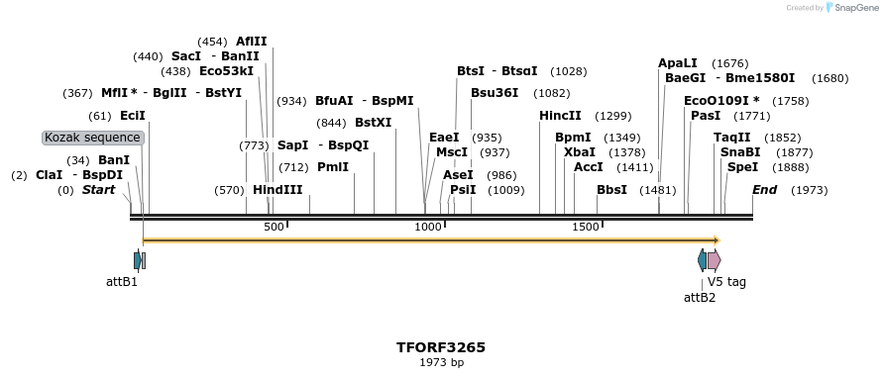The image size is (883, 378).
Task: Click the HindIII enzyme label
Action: coord(277,190)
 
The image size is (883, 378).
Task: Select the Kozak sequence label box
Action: coord(93,138)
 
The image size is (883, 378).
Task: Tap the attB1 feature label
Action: coord(122,281)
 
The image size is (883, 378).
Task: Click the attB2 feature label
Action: coord(700,297)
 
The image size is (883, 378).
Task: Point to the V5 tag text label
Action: coord(726,281)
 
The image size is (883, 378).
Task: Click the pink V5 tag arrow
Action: coord(714,260)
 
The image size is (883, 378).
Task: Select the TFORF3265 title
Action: coord(441,347)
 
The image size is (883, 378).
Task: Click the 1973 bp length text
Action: coord(441,363)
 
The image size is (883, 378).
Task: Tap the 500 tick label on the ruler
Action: coord(274,228)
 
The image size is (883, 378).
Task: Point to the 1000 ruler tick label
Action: coord(428,228)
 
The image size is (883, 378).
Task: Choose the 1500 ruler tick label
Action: coord(586,228)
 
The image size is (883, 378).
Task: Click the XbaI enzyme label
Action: coord(579,152)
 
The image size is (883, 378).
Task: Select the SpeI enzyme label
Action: coord(742,167)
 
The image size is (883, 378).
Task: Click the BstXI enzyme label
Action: coord(373,123)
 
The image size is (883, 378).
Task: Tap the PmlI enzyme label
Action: coord(333,167)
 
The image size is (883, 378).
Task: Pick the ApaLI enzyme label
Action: coord(678,63)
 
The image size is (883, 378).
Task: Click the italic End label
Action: coord(764,190)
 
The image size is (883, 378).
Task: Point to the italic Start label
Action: coord(98,190)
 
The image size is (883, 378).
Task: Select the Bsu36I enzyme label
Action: coord(495,93)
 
